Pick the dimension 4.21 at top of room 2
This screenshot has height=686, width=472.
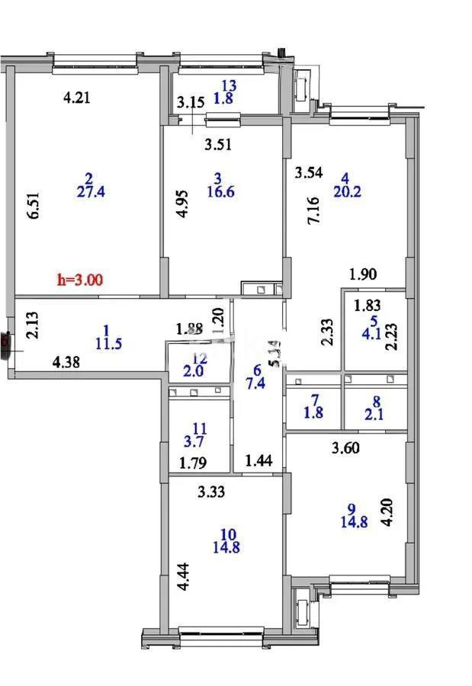pos(77,97)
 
